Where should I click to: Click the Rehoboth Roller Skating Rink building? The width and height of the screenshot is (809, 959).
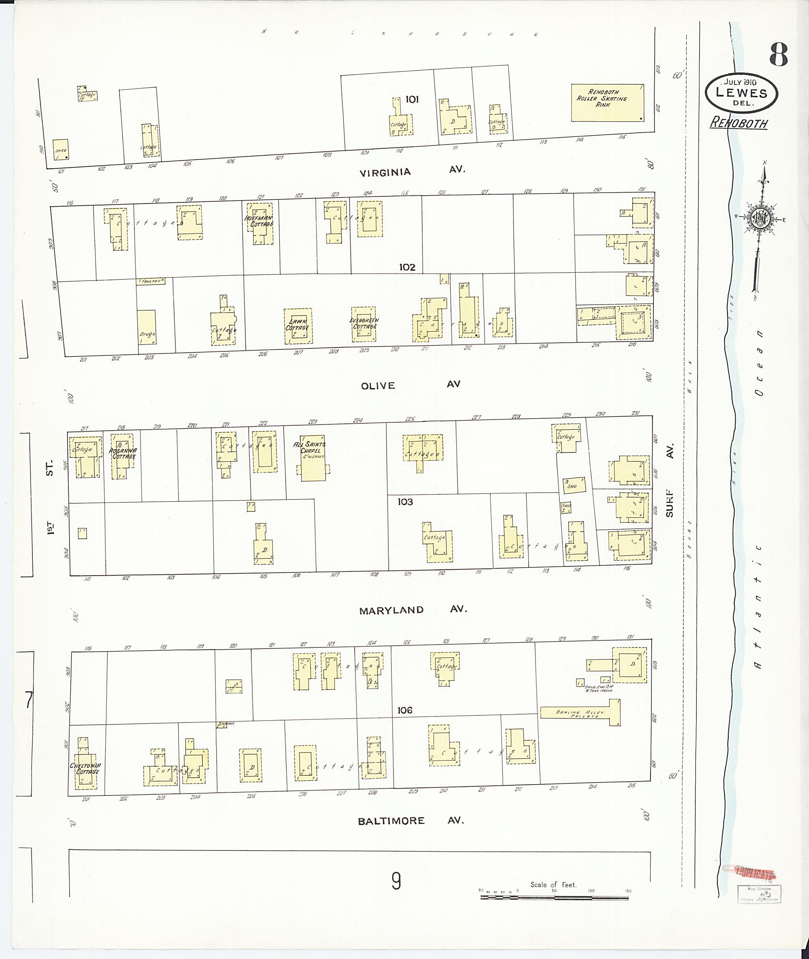(607, 103)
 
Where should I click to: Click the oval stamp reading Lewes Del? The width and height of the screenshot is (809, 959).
(741, 93)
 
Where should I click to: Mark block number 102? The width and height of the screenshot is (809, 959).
(407, 267)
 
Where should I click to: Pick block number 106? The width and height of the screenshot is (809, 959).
(405, 710)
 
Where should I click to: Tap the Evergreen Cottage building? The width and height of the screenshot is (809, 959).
(364, 324)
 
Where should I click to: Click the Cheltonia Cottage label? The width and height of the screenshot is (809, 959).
(85, 768)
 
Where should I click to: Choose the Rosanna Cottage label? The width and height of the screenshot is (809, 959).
(122, 453)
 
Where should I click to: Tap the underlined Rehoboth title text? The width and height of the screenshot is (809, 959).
(738, 123)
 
